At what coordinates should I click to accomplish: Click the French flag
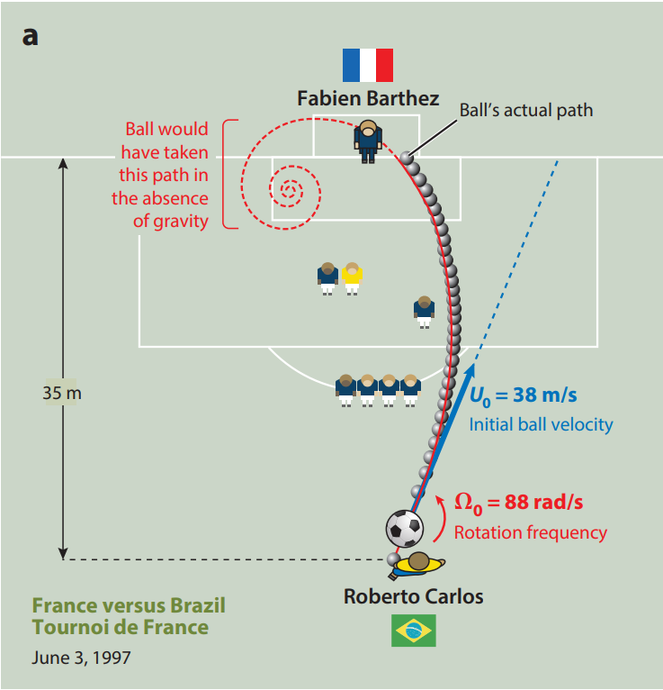[x=368, y=65]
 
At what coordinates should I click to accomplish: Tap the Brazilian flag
[x=414, y=631]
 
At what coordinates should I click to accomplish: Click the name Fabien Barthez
[x=368, y=98]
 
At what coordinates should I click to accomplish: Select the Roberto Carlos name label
[x=414, y=596]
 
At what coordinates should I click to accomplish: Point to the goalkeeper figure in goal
[x=368, y=141]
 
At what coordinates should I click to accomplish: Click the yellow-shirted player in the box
[x=352, y=278]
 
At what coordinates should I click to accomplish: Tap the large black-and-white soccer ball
[x=405, y=529]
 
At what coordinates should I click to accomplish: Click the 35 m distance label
[x=62, y=393]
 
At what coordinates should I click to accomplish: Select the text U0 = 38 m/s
[x=524, y=395]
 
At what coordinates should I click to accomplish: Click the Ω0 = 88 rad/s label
[x=518, y=503]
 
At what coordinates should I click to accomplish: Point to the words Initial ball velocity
[x=541, y=424]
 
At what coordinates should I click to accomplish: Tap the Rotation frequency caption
[x=531, y=532]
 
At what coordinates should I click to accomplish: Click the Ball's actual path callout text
[x=526, y=110]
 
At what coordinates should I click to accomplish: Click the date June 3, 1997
[x=81, y=658]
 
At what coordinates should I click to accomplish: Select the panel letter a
[x=30, y=36]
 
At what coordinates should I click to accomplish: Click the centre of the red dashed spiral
[x=289, y=190]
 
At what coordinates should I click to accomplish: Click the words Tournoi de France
[x=121, y=627]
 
